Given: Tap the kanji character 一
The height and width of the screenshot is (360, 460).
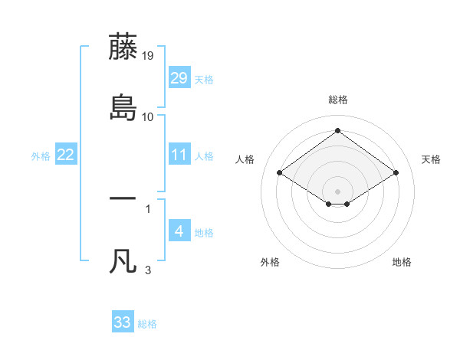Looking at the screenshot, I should click(123, 198).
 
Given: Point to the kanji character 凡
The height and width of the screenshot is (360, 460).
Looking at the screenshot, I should click(123, 260).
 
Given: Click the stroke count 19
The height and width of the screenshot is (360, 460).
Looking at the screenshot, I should click(148, 55).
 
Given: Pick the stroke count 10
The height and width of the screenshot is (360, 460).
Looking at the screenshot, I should click(148, 116).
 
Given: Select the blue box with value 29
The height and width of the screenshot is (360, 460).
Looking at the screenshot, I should click(179, 78).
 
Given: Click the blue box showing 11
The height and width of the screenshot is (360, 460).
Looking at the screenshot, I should click(179, 155).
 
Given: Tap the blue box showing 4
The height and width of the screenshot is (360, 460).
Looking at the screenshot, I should click(179, 231).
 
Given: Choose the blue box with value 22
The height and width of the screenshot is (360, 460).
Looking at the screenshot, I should click(66, 155).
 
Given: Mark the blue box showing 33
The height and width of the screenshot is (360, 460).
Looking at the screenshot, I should click(123, 322).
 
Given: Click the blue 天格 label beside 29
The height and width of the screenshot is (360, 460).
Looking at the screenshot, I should click(204, 80).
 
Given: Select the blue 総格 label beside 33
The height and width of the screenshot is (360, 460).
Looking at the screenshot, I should click(147, 324).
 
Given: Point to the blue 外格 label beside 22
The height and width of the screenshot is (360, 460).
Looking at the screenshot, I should click(41, 156).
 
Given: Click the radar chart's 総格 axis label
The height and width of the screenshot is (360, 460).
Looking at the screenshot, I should click(338, 100).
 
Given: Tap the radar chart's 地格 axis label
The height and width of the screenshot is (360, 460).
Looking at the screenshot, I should click(402, 262).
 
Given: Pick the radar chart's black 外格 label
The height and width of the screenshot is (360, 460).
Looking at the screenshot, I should click(270, 262).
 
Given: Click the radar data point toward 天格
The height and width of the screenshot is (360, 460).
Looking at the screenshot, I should click(396, 173).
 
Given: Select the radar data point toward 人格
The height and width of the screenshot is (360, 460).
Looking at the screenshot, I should click(280, 173).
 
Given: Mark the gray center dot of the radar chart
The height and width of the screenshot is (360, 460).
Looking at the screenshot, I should click(338, 191).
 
